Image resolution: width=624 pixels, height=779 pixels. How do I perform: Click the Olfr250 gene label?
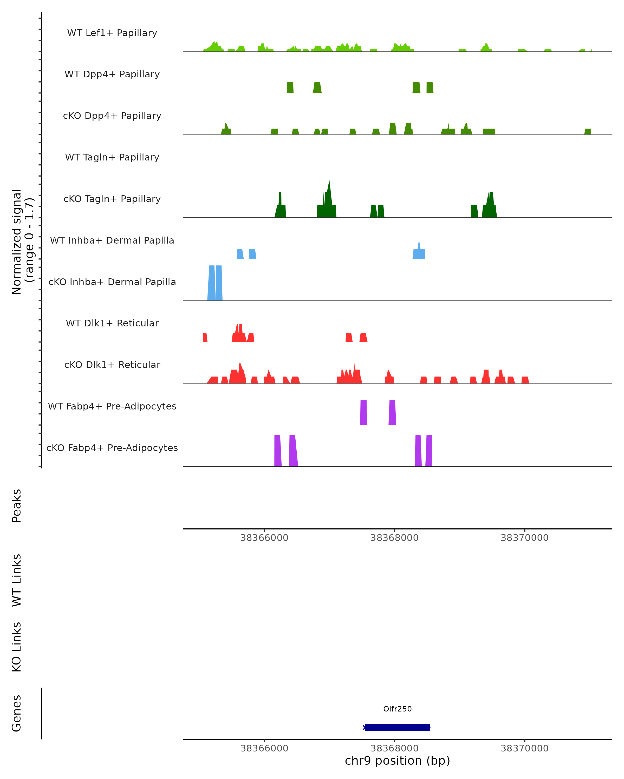click(x=397, y=709)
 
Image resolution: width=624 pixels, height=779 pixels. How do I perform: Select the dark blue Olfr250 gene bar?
click(x=397, y=728)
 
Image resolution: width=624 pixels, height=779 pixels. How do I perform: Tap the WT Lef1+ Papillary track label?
click(x=112, y=33)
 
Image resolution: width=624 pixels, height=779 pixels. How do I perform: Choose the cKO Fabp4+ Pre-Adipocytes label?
click(x=112, y=448)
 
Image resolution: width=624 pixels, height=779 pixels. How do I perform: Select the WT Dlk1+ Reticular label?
click(x=112, y=323)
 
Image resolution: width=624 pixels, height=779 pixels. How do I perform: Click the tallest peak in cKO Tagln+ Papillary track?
click(x=329, y=199)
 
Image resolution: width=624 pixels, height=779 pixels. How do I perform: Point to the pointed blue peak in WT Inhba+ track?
click(x=419, y=249)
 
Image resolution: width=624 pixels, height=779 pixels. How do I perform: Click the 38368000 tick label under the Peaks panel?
click(x=394, y=538)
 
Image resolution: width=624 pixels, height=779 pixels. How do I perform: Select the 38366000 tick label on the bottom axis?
click(x=264, y=748)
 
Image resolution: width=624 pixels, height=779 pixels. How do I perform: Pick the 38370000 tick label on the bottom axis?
click(x=524, y=748)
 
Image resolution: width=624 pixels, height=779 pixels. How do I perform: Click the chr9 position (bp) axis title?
click(x=397, y=761)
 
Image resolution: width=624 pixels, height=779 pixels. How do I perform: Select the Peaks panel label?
click(x=17, y=506)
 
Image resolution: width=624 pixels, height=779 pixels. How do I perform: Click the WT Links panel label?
click(x=17, y=580)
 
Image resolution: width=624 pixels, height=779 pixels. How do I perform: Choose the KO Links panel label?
click(x=17, y=647)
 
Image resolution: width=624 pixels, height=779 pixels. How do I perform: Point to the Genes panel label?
click(x=17, y=713)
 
